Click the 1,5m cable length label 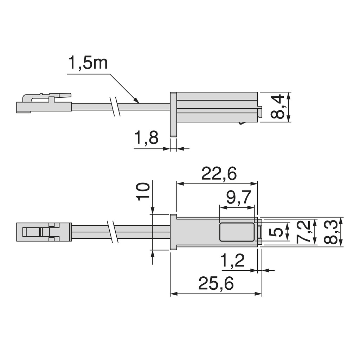coord(87,63)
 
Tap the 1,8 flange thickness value coord(146,138)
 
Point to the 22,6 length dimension coord(219,174)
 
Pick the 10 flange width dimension coord(143,192)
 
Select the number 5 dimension coord(278,232)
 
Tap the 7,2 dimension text coord(303,232)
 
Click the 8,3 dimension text coord(330,232)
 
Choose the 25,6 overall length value coord(216,284)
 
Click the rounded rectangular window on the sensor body coord(237,232)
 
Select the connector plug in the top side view coord(44,104)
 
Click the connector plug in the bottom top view coord(44,232)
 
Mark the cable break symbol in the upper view coord(115,106)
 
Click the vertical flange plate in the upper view coord(173,114)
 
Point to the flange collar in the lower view coord(173,232)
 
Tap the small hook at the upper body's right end coord(260,111)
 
